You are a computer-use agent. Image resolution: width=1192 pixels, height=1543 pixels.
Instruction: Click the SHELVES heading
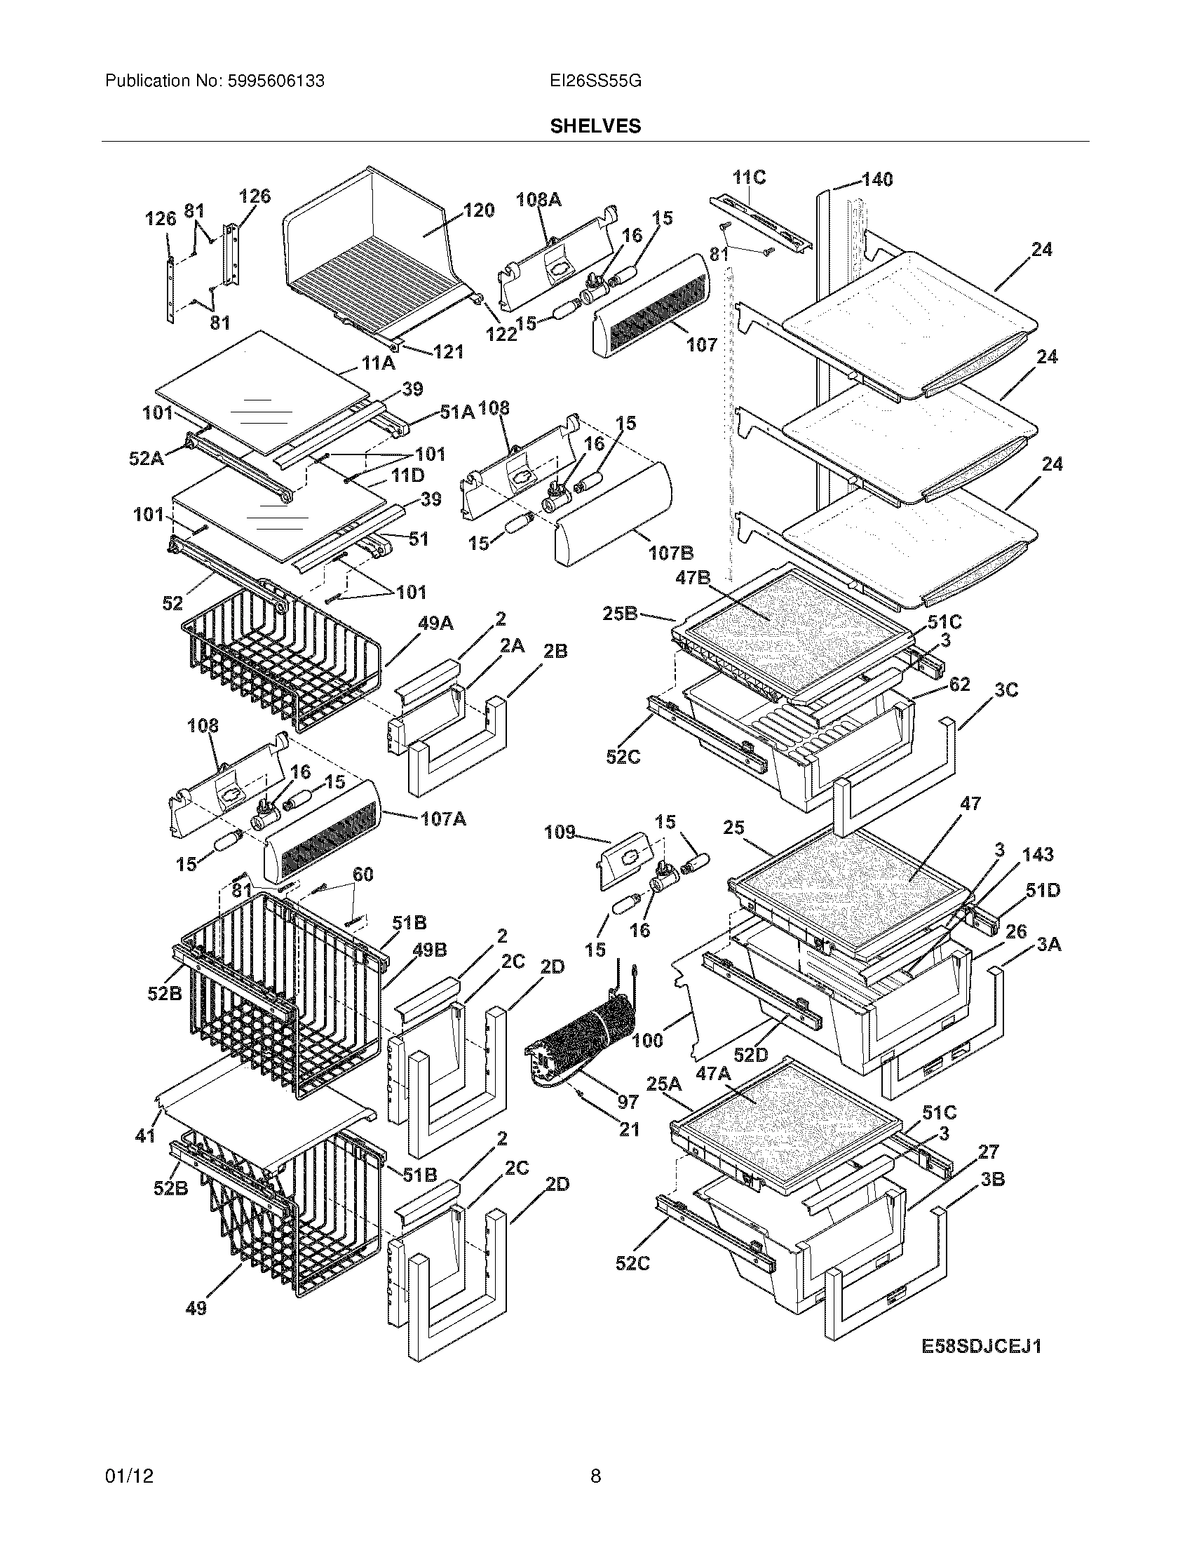click(x=595, y=126)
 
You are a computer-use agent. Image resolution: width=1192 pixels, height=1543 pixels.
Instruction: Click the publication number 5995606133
click(x=276, y=81)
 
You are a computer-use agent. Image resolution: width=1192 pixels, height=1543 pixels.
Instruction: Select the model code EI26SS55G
click(x=595, y=81)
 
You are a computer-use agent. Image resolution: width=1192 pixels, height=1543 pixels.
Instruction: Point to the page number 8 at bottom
click(x=595, y=1495)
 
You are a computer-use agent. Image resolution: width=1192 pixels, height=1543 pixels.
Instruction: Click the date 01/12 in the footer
click(x=129, y=1495)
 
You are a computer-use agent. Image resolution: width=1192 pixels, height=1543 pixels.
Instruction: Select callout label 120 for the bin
click(x=478, y=210)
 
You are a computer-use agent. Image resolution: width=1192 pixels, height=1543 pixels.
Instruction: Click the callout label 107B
click(x=670, y=553)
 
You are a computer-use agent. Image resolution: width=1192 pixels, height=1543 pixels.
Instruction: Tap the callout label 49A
click(x=435, y=624)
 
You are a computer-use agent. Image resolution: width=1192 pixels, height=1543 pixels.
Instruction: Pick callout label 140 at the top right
click(x=876, y=180)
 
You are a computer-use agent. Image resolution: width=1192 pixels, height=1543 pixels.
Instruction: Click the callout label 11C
click(x=749, y=177)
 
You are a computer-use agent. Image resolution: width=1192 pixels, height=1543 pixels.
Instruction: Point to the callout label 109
click(x=560, y=833)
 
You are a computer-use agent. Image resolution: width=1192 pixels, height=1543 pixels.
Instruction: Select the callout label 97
click(x=628, y=1101)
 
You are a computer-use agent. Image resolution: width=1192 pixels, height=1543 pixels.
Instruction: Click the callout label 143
click(x=1037, y=855)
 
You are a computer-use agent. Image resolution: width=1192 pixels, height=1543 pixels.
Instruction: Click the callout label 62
click(x=960, y=684)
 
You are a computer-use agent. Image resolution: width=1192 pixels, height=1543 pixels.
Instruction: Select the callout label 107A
click(x=442, y=819)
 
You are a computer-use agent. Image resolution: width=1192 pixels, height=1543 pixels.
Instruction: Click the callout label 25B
click(x=620, y=614)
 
